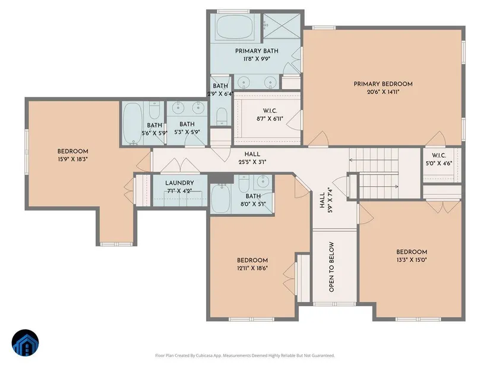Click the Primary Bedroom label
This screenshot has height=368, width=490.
pyautogui.click(x=383, y=84)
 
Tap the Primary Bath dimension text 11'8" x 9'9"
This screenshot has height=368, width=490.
pyautogui.click(x=257, y=59)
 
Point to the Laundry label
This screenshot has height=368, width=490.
pyautogui.click(x=179, y=183)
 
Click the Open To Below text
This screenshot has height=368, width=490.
pyautogui.click(x=331, y=266)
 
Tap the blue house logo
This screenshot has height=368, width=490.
pyautogui.click(x=26, y=342)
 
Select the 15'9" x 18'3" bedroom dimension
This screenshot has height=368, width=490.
pyautogui.click(x=73, y=159)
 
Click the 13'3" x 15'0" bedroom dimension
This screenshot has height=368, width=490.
pyautogui.click(x=412, y=260)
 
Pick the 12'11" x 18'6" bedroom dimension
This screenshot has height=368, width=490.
pyautogui.click(x=252, y=268)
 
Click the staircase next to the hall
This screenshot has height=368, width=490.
pyautogui.click(x=374, y=174)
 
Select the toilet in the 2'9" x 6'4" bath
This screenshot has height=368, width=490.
pyautogui.click(x=222, y=117)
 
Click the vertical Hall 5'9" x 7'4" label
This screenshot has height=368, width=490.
pyautogui.click(x=326, y=200)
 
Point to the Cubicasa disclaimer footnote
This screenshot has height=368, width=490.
pyautogui.click(x=245, y=356)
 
